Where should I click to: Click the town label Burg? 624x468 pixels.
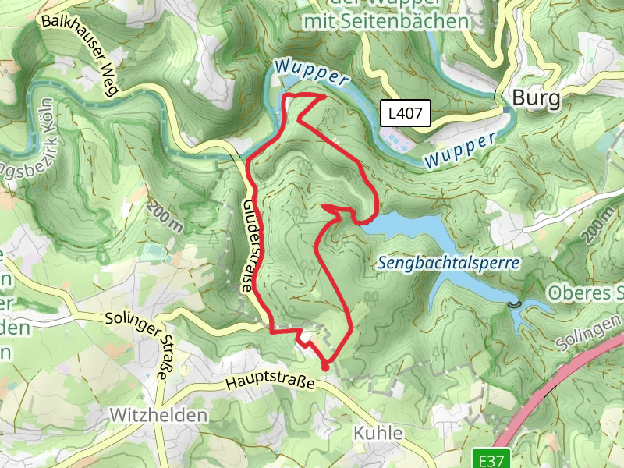click(x=537, y=99)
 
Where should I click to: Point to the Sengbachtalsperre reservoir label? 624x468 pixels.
click(x=448, y=263)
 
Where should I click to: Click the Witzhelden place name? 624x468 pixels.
click(x=159, y=414)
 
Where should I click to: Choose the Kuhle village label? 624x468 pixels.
click(x=378, y=433)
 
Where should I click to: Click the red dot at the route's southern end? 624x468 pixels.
click(x=324, y=364)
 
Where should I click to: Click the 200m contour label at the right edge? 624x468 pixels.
click(x=601, y=224)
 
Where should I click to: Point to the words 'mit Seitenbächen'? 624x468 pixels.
click(x=386, y=22)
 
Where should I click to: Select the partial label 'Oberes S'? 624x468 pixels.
click(x=585, y=293)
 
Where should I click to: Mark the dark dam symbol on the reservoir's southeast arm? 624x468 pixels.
click(x=512, y=303)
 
